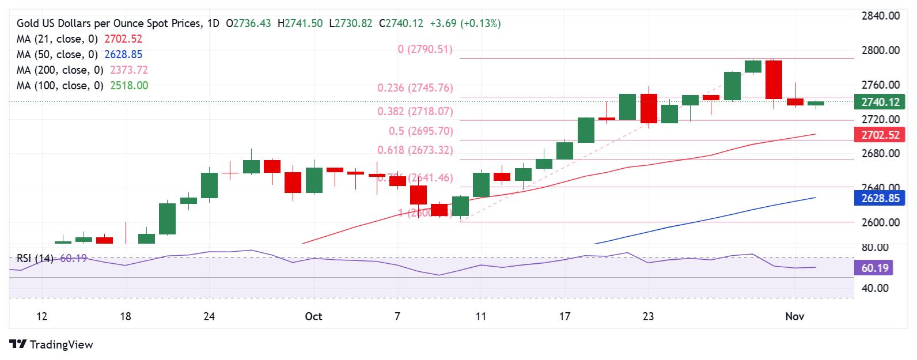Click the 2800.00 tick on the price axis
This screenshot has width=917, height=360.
(x=880, y=50)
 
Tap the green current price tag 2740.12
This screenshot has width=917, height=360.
(x=880, y=102)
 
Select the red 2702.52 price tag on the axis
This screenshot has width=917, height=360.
(x=880, y=135)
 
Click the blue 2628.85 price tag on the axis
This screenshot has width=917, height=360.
(x=880, y=198)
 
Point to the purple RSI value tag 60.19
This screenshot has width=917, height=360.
(x=875, y=268)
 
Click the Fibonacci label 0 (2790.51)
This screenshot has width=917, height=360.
(x=425, y=50)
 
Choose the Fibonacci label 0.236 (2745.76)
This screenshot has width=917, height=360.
(x=415, y=88)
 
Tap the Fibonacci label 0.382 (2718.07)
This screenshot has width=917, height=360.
(x=415, y=111)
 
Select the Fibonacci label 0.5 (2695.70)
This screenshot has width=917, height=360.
(x=420, y=131)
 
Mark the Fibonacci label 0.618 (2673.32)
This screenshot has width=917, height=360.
(x=415, y=150)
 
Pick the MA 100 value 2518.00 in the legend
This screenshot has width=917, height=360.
(x=129, y=86)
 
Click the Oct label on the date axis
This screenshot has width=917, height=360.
(x=313, y=316)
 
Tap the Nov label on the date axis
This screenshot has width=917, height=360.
(x=795, y=316)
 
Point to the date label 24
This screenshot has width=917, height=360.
(x=209, y=316)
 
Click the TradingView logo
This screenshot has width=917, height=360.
(x=51, y=344)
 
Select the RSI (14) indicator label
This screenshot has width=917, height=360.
(x=35, y=259)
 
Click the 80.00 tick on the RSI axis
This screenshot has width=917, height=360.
(x=874, y=248)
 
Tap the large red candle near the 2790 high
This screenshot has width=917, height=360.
(x=774, y=79)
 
